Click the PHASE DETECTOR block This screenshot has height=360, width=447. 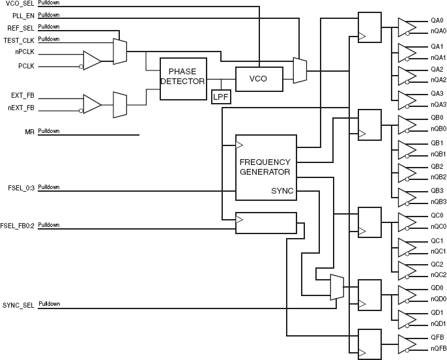click(183, 79)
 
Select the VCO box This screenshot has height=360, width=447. click(259, 79)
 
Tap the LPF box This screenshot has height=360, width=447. click(221, 97)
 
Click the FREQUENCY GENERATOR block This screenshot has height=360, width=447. click(266, 168)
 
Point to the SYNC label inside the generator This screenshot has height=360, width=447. click(282, 191)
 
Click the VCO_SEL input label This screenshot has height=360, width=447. click(20, 4)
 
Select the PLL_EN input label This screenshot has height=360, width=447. click(23, 16)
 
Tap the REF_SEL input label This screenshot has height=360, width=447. click(21, 28)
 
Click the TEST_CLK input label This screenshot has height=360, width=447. click(19, 40)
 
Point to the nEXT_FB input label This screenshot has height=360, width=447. click(21, 108)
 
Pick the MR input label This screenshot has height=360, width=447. click(29, 132)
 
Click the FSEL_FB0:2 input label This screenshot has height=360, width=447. click(17, 226)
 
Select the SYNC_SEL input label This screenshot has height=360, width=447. click(18, 305)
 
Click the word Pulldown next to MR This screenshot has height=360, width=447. click(49, 131)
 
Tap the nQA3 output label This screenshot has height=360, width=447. click(439, 105)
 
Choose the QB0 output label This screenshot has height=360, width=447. click(437, 118)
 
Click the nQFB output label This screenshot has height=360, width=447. click(439, 349)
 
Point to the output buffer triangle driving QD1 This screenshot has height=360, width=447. click(407, 320)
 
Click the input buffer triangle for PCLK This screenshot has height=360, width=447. click(91, 61)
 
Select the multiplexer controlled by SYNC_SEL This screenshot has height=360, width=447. click(337, 287)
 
